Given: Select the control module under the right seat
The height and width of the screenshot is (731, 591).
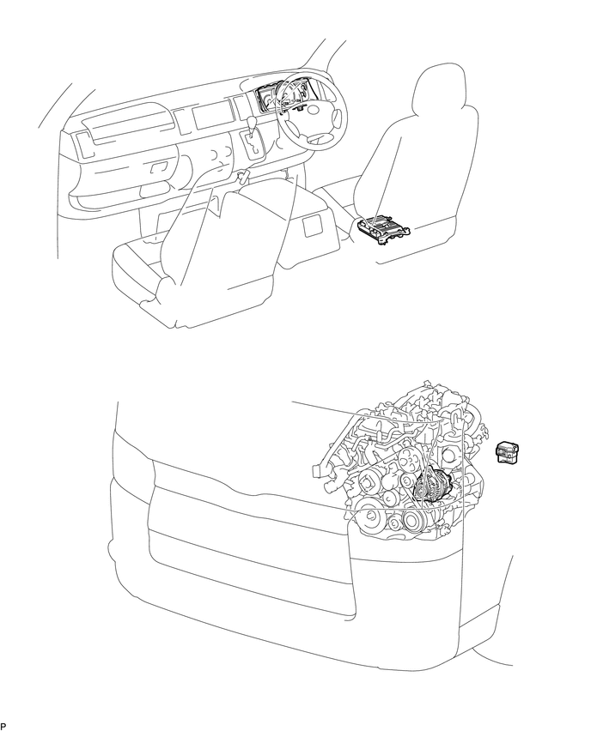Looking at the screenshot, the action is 382,227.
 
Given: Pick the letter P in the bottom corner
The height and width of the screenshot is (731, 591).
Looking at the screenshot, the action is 4,726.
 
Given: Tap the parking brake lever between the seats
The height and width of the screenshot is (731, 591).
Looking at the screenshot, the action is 242,178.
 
